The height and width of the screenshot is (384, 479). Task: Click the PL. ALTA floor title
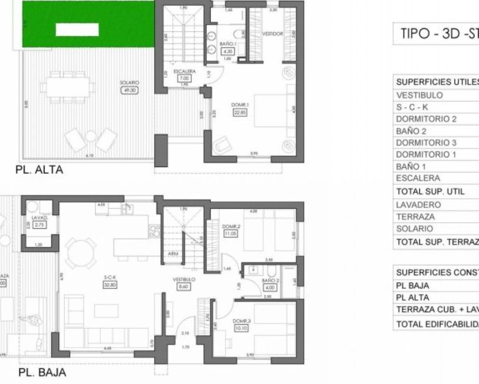pyautogui.click(x=39, y=170)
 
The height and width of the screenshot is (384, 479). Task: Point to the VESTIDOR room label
pyautogui.click(x=272, y=34)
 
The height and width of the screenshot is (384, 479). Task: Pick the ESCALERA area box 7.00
pyautogui.click(x=184, y=78)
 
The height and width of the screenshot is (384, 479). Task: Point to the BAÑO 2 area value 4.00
pyautogui.click(x=269, y=288)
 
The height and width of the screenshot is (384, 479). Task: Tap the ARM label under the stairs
pyautogui.click(x=173, y=254)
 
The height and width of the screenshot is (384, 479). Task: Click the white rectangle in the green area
pyautogui.click(x=77, y=29)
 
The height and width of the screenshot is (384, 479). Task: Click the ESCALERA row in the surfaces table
pyautogui.click(x=418, y=178)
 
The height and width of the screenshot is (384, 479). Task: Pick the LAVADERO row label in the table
pyautogui.click(x=418, y=205)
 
